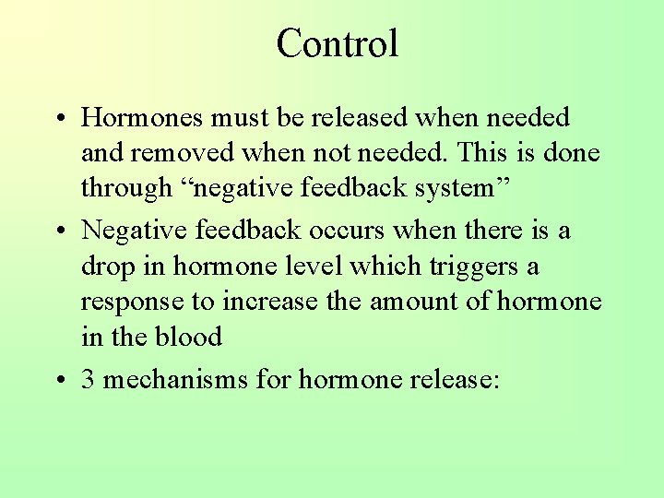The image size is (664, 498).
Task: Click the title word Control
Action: (x=337, y=43)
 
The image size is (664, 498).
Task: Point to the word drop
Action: (x=107, y=267)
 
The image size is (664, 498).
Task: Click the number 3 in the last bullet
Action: (x=88, y=380)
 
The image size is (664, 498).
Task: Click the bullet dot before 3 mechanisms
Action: (x=58, y=380)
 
